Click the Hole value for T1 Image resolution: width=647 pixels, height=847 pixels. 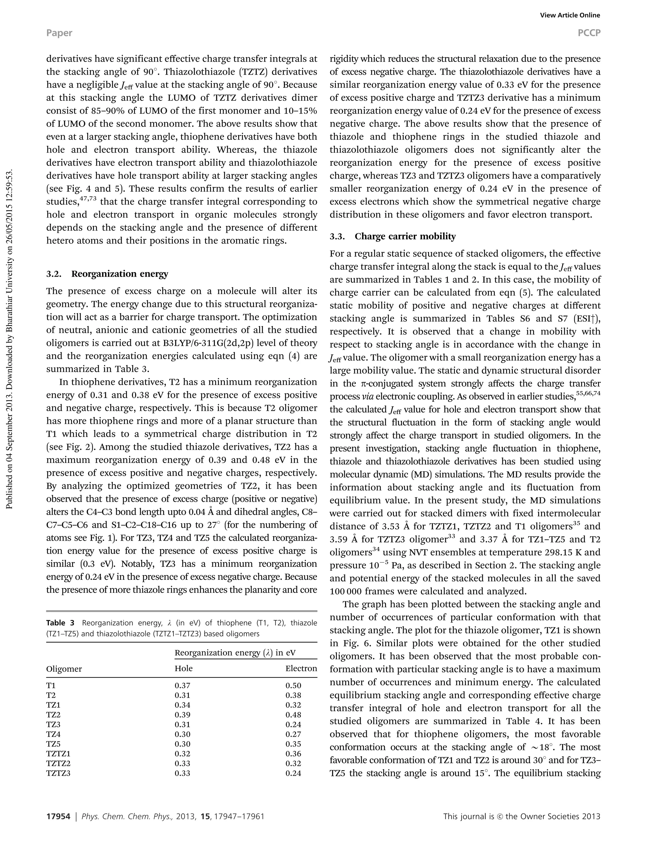(182, 685)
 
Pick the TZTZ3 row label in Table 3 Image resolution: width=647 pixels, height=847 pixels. (58, 773)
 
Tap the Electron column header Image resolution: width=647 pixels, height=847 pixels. (301, 668)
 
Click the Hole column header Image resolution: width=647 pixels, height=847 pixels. (183, 668)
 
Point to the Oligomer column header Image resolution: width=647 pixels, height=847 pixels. (64, 669)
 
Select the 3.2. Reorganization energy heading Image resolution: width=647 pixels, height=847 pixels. (107, 274)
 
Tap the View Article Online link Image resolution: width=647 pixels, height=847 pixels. (570, 15)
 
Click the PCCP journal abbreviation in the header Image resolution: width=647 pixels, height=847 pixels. (589, 33)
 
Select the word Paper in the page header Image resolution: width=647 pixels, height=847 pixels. (59, 33)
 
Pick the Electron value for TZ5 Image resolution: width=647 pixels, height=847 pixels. (293, 744)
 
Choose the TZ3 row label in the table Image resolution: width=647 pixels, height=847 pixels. (53, 724)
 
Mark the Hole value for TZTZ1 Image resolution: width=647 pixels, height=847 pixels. (182, 754)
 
